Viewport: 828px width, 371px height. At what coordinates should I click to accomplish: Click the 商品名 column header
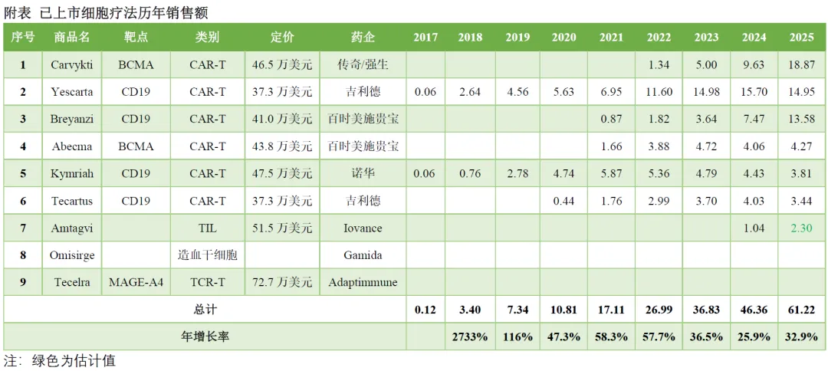pyautogui.click(x=72, y=38)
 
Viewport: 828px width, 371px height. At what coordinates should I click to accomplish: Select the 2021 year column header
pyautogui.click(x=611, y=38)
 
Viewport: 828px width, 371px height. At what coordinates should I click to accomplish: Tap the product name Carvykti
pyautogui.click(x=72, y=65)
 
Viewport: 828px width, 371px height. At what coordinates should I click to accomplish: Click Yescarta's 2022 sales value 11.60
pyautogui.click(x=659, y=92)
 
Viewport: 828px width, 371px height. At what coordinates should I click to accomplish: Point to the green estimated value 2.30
pyautogui.click(x=801, y=228)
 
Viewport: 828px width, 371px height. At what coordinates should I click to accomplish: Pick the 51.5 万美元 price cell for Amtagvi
pyautogui.click(x=282, y=228)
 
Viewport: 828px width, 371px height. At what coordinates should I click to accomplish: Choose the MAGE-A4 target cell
pyautogui.click(x=136, y=282)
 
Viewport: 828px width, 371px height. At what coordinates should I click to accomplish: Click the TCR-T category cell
pyautogui.click(x=207, y=282)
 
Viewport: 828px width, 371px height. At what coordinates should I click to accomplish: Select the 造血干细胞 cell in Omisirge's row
pyautogui.click(x=207, y=255)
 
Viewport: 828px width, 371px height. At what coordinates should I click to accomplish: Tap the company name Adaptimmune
pyautogui.click(x=363, y=282)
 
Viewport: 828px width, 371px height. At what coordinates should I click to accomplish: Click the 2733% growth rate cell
pyautogui.click(x=470, y=337)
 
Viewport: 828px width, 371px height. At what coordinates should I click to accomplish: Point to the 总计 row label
pyautogui.click(x=205, y=310)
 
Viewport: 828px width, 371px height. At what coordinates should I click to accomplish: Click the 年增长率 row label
pyautogui.click(x=205, y=337)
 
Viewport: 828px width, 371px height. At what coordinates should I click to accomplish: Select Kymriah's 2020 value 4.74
pyautogui.click(x=563, y=173)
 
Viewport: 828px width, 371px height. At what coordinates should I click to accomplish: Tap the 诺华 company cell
pyautogui.click(x=363, y=173)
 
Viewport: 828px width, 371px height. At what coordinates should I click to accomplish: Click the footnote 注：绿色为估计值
pyautogui.click(x=60, y=360)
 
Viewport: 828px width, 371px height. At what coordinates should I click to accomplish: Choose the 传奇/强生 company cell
pyautogui.click(x=363, y=65)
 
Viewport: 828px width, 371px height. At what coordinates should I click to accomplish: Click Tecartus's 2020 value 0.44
pyautogui.click(x=563, y=201)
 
